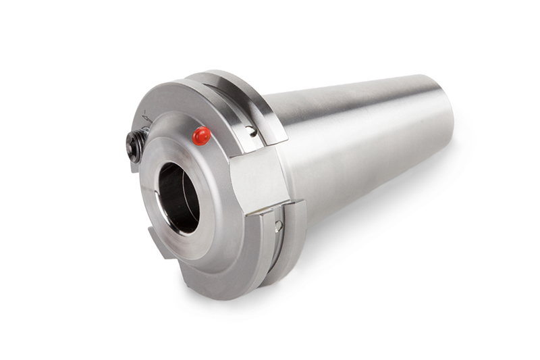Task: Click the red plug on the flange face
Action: point(201,136)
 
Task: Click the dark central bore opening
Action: point(177,196)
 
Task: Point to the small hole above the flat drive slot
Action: point(251,130)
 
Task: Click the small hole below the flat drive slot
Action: point(277,226)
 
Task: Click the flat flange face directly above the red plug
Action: point(196,111)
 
